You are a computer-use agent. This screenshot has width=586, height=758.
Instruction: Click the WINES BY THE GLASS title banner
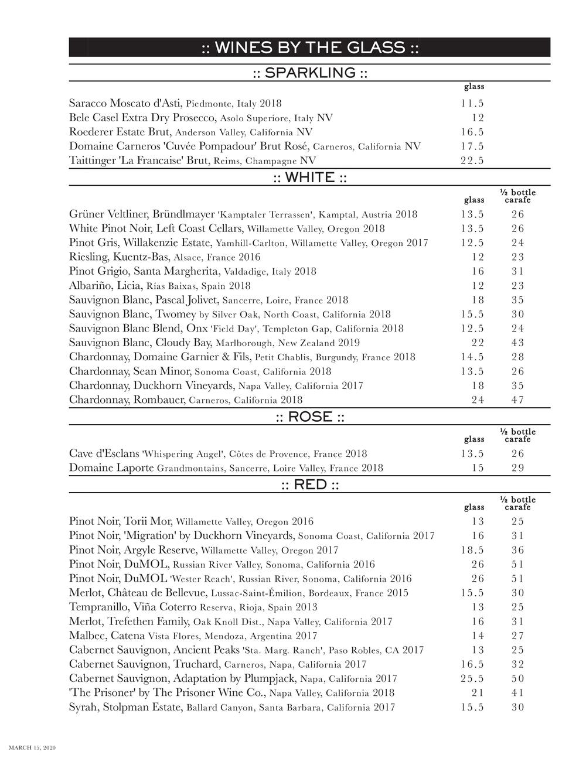pos(309,47)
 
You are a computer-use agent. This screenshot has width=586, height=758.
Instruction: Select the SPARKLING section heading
pos(309,73)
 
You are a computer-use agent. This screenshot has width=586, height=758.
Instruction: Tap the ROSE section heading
pos(309,417)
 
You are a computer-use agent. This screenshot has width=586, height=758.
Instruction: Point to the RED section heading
pos(309,485)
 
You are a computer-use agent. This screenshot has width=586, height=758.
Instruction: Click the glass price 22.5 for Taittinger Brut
pos(472,161)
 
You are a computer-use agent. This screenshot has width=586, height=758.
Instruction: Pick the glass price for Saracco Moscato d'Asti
pos(472,104)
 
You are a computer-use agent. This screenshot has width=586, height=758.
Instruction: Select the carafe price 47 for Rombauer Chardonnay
pos(517,400)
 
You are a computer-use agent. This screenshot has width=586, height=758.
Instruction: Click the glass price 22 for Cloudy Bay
pos(478,343)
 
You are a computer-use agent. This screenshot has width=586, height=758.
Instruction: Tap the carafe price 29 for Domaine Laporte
pos(517,468)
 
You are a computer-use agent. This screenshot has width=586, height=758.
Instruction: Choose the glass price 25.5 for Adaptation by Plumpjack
pos(472,679)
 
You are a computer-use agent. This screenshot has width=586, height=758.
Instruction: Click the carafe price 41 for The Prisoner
pos(517,693)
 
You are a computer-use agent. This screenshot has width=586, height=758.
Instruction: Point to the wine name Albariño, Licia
pos(105,286)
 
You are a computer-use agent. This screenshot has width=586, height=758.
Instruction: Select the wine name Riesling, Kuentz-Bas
pos(120,257)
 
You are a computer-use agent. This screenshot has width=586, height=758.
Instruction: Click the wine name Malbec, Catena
pos(107,636)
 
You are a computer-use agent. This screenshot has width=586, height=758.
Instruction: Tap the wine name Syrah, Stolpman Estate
pos(125,707)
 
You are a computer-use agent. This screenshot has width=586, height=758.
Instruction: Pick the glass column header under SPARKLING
pos(473,87)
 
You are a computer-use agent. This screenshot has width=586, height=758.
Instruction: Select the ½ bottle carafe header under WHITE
pos(517,196)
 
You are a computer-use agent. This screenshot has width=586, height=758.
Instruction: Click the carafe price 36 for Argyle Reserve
pos(517,550)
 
